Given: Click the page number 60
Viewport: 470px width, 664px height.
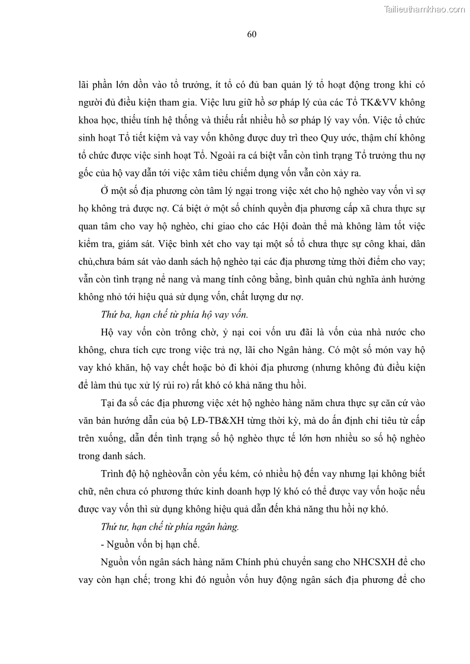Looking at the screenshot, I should point(252,34).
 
